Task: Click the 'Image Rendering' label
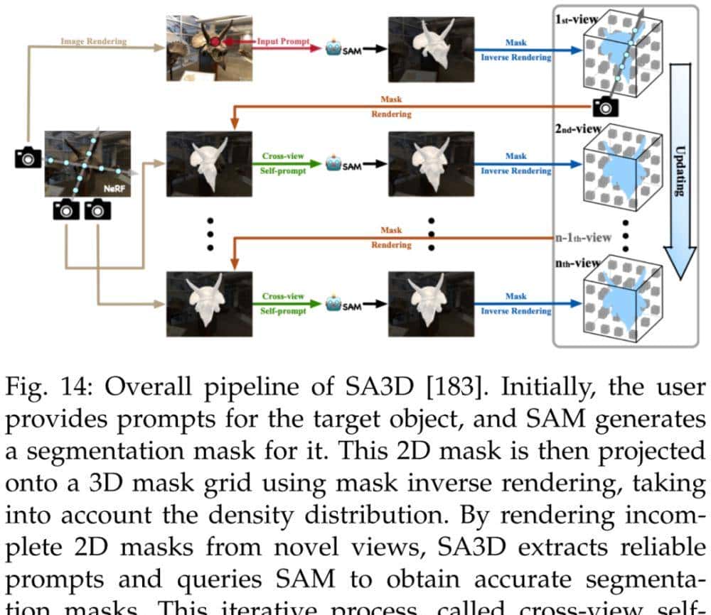tap(93, 41)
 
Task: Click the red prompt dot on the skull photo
tap(215, 43)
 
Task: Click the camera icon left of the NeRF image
tap(28, 158)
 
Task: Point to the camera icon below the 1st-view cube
tap(605, 107)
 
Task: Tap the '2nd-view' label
tap(577, 130)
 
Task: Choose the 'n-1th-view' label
tap(583, 237)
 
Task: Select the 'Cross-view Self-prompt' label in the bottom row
tap(283, 303)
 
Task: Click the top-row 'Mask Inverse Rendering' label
tap(516, 50)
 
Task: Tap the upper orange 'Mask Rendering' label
tap(391, 107)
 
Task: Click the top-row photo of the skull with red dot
tap(200, 48)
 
